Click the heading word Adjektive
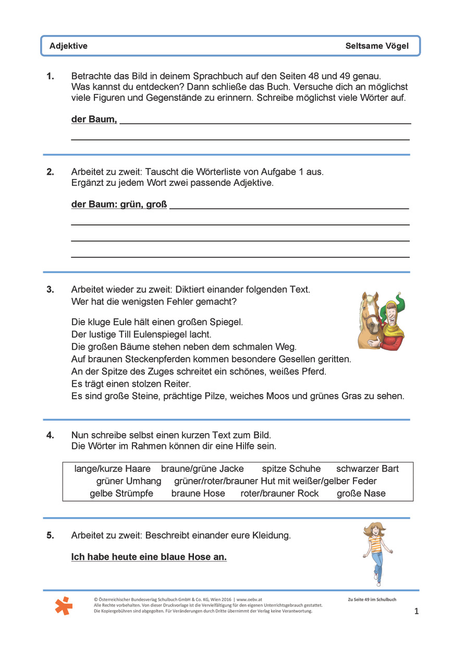click(68, 46)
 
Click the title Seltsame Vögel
click(377, 46)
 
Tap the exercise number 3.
click(50, 289)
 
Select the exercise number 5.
click(50, 535)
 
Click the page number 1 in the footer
click(416, 611)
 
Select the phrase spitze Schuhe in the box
click(291, 469)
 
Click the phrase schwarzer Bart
click(367, 469)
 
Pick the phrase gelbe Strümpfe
click(121, 494)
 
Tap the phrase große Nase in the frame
click(361, 494)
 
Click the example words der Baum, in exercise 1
click(94, 120)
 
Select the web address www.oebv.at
click(254, 600)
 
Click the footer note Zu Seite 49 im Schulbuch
click(372, 600)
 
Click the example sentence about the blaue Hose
click(149, 557)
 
